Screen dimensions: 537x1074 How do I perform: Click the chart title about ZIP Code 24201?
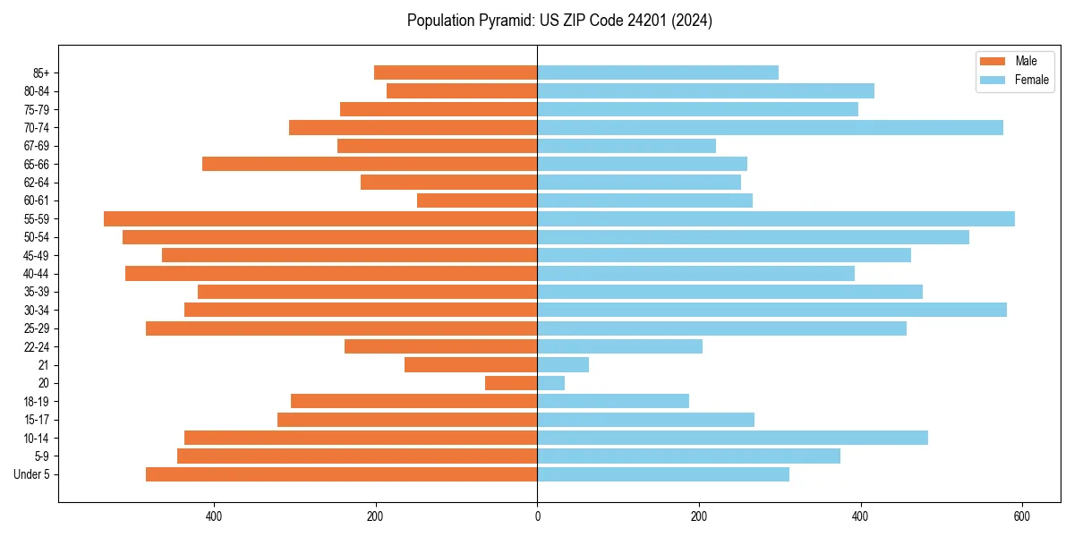pyautogui.click(x=559, y=21)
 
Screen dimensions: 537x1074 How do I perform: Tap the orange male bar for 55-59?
pyautogui.click(x=320, y=218)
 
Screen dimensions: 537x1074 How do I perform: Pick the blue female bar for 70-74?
pyautogui.click(x=770, y=127)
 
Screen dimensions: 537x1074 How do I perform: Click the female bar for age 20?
pyautogui.click(x=550, y=383)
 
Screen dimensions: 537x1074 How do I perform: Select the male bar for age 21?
pyautogui.click(x=471, y=364)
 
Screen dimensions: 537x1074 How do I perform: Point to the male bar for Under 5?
pyautogui.click(x=341, y=474)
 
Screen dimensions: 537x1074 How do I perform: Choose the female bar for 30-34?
pyautogui.click(x=771, y=310)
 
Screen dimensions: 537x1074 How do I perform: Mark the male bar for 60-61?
pyautogui.click(x=477, y=200)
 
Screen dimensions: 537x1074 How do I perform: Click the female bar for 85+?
pyautogui.click(x=658, y=72)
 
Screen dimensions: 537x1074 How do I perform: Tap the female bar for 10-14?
pyautogui.click(x=732, y=438)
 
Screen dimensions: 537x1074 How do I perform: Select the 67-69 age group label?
pyautogui.click(x=37, y=146)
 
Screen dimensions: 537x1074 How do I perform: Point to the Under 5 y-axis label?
pyautogui.click(x=32, y=474)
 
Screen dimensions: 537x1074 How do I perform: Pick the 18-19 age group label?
pyautogui.click(x=37, y=401)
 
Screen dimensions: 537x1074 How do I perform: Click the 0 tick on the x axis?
pyautogui.click(x=537, y=516)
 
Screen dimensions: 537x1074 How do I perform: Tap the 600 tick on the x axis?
pyautogui.click(x=1022, y=516)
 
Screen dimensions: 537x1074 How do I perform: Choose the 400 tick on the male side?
pyautogui.click(x=214, y=516)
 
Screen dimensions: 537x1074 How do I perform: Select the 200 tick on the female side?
pyautogui.click(x=699, y=516)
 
